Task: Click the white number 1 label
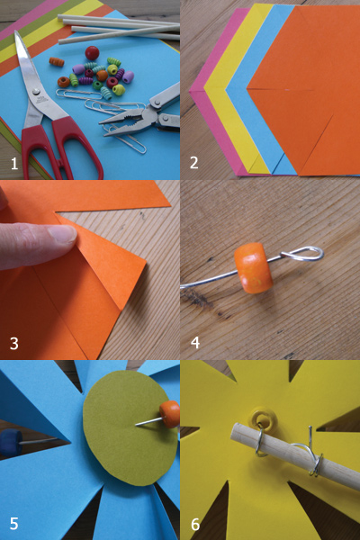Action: pos(14,164)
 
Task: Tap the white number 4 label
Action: pos(195,343)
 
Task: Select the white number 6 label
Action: pos(195,524)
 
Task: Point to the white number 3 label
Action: pos(14,344)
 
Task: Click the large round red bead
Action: pos(92,53)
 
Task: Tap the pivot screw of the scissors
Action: pos(36,92)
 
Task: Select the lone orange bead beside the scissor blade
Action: pos(57,62)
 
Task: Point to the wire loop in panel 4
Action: pos(303,253)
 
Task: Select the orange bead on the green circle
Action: pos(169,414)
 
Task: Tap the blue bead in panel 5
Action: pos(12,443)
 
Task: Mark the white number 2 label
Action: pos(194,163)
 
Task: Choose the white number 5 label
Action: pos(13,524)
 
